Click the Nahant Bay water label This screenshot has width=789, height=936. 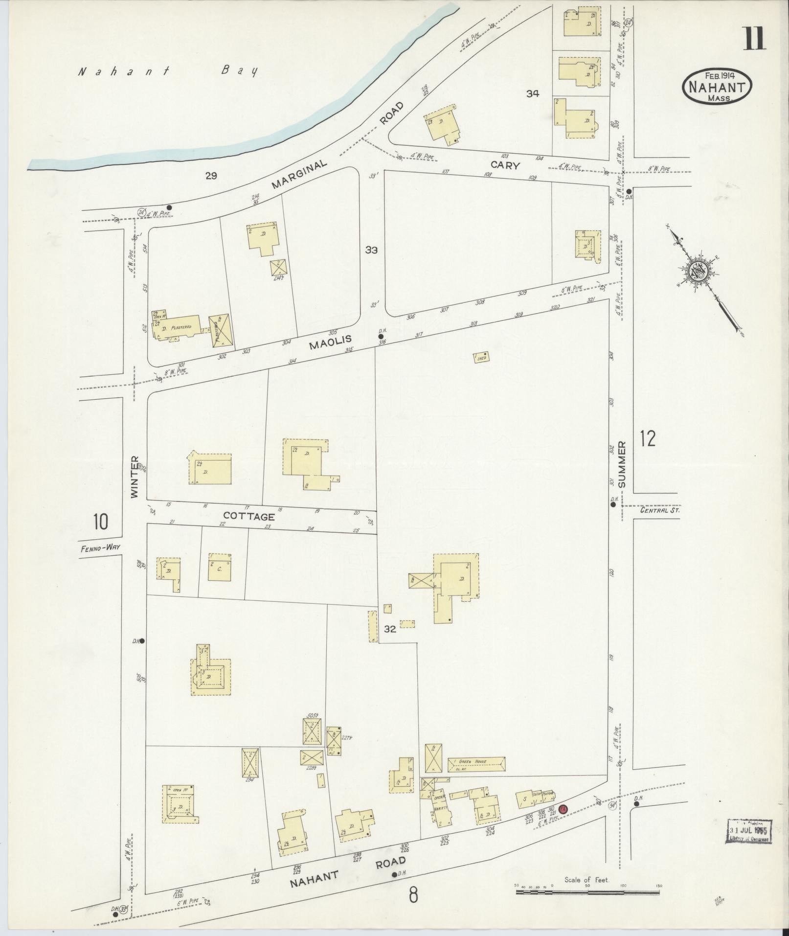168,71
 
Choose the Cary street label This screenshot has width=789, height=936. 505,165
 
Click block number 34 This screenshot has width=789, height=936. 532,93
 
